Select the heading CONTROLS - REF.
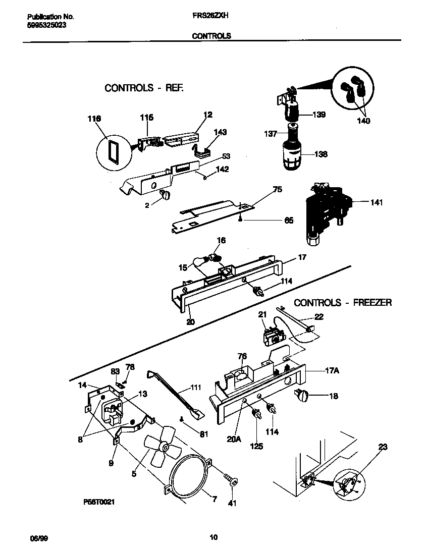(144, 88)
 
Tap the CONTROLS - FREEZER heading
(343, 303)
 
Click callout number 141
(376, 203)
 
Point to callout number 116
(94, 119)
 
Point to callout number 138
(321, 154)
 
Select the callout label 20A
(234, 439)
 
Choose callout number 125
(256, 447)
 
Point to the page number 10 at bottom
(213, 537)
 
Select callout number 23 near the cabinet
(383, 446)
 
